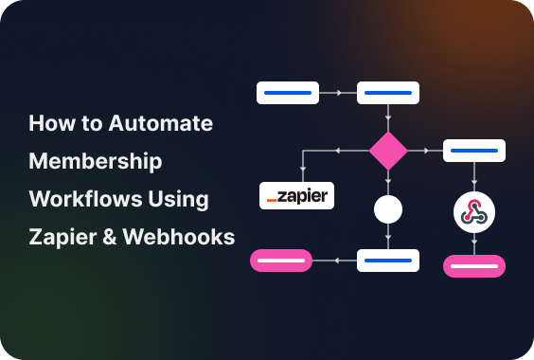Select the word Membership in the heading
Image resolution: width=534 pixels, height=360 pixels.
pos(96,161)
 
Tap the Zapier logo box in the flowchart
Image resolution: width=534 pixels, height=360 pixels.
pos(296,196)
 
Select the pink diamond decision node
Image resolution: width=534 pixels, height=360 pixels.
pos(388,151)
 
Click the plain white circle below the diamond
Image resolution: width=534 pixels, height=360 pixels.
pos(388,209)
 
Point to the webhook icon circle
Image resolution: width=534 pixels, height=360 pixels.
pos(474,212)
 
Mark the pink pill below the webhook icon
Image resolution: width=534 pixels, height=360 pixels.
pos(474,265)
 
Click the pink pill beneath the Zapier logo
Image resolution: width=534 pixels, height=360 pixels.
pos(281,260)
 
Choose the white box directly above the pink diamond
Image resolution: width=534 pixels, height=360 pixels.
pos(388,93)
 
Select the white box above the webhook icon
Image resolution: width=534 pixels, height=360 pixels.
pos(474,150)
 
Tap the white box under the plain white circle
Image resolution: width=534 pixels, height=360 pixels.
pos(388,260)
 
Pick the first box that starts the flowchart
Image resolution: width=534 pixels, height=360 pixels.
pos(288,93)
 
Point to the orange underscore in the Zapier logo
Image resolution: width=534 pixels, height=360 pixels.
pos(272,201)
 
